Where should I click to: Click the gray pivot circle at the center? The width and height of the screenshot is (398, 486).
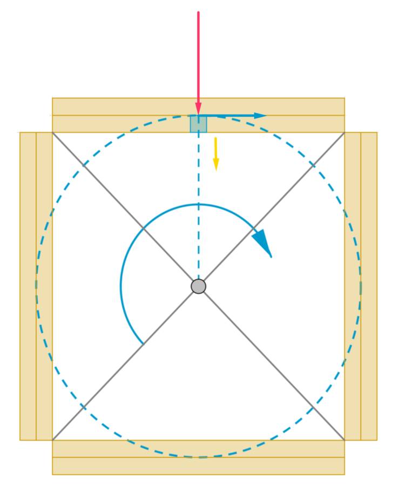[198, 286]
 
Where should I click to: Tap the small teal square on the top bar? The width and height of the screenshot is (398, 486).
[198, 124]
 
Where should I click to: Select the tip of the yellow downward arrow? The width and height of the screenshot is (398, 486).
[216, 172]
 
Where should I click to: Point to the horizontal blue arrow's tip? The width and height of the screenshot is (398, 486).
[266, 116]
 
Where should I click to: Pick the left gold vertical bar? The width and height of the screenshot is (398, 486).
[36, 286]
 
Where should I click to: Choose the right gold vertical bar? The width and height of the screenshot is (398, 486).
[361, 286]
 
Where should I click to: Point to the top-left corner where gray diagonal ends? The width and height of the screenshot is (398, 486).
[53, 132]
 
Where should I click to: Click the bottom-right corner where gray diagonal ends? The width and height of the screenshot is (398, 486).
[344, 440]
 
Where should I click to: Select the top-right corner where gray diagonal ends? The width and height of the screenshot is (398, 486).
[344, 132]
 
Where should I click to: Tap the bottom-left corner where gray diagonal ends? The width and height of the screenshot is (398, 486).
[53, 440]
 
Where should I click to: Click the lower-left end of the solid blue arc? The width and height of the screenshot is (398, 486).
[143, 343]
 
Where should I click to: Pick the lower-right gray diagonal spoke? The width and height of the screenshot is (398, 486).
[270, 362]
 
